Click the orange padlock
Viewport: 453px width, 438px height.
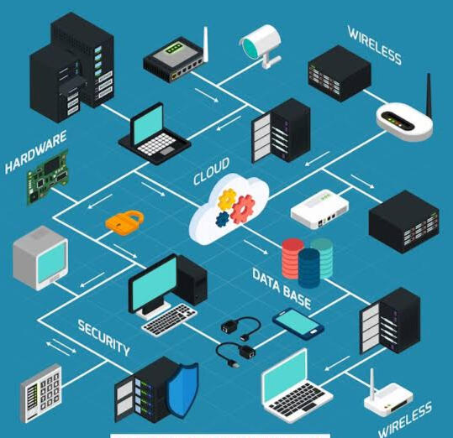point(124,223)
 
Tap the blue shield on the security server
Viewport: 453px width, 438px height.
point(183,389)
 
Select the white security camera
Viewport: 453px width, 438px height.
point(261,44)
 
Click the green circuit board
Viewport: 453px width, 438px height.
point(47,177)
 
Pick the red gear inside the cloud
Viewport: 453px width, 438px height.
point(243,209)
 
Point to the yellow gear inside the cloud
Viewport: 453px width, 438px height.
point(227,199)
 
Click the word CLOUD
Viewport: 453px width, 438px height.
point(211,171)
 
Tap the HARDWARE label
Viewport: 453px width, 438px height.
point(36,152)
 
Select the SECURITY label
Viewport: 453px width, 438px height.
point(103,337)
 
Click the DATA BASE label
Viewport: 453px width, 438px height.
point(282,289)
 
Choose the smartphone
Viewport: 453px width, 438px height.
point(298,324)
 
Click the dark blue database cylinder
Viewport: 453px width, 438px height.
point(309,268)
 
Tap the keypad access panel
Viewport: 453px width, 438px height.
point(41,394)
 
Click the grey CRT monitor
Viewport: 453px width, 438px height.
point(40,258)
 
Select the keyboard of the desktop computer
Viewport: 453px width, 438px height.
point(169,320)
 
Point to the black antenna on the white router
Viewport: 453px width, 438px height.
point(429,96)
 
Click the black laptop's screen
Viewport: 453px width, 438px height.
point(148,123)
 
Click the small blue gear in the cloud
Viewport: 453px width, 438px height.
point(222,220)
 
